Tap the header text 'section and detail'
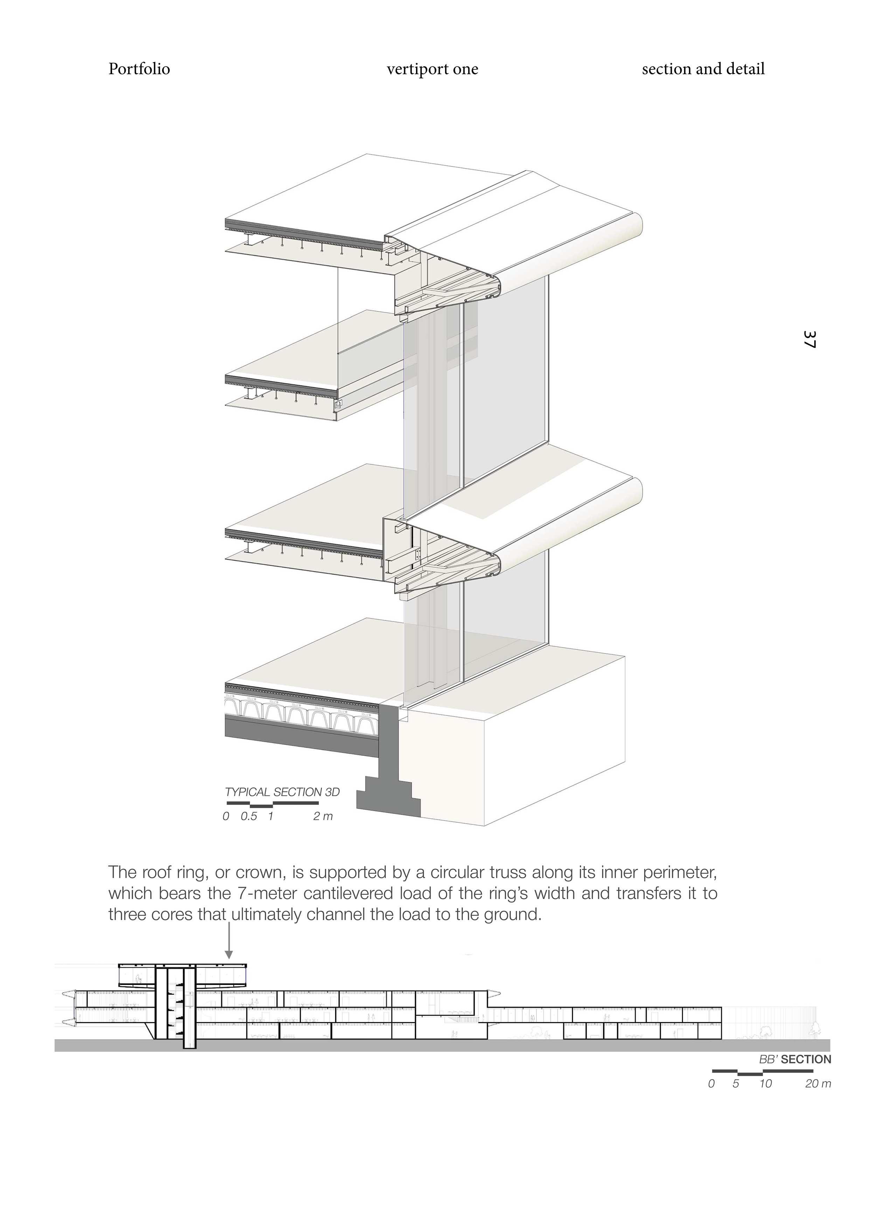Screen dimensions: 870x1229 703,69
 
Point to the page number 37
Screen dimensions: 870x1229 809,339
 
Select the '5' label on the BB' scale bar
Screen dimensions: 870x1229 736,1084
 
